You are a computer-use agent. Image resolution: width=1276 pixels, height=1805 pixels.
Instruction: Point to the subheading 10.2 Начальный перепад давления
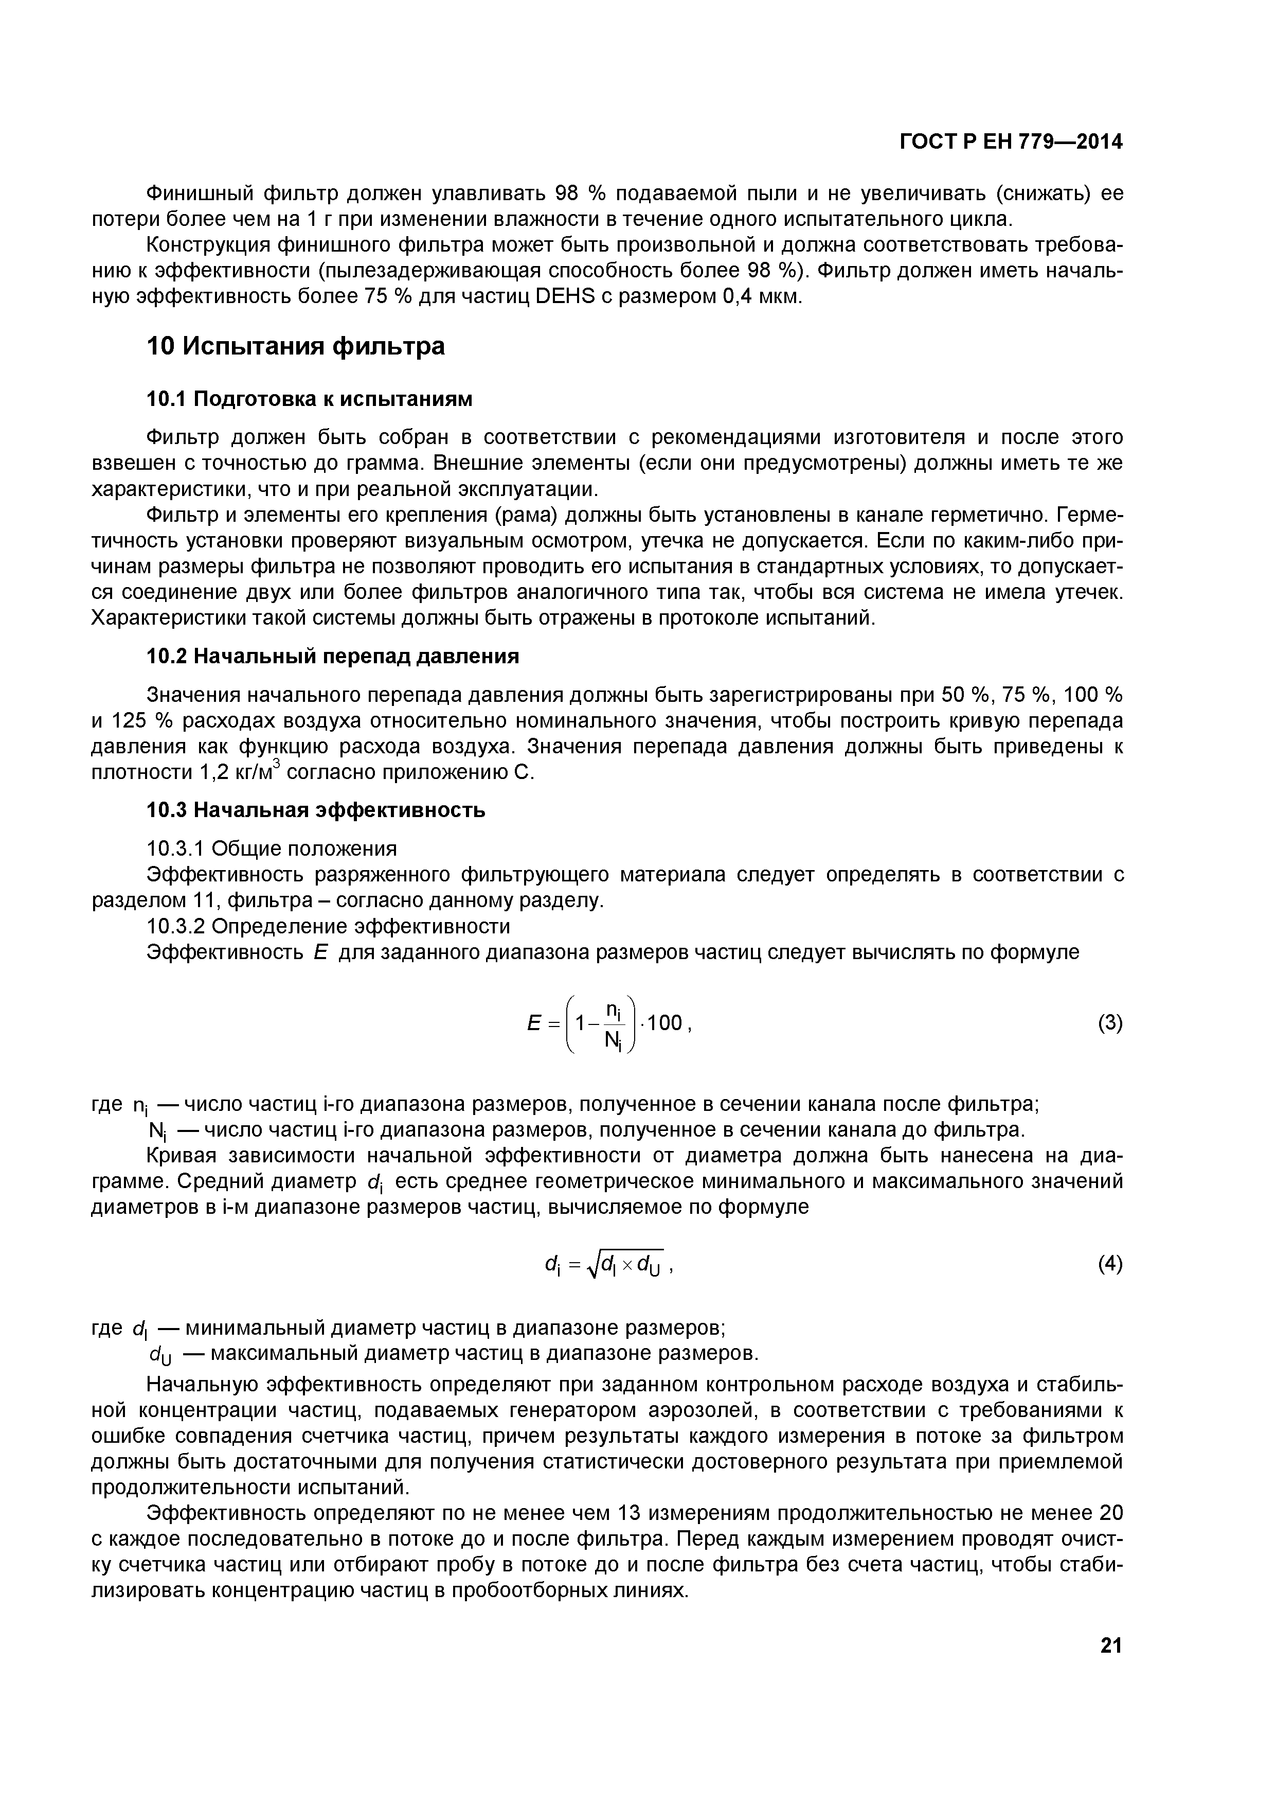click(333, 656)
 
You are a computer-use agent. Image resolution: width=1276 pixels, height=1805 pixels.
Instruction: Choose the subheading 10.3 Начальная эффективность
click(316, 810)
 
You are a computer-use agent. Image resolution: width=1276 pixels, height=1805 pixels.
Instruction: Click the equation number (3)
click(1109, 1023)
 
